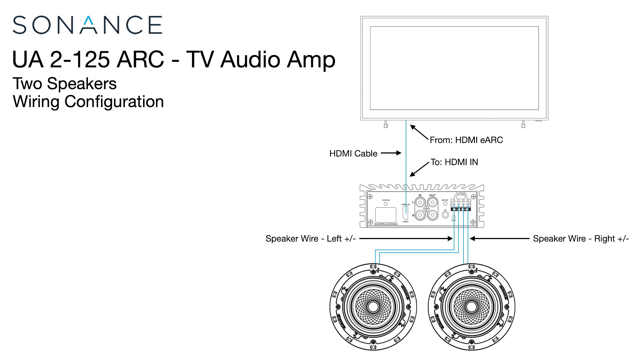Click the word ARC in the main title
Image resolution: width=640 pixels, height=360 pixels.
(x=140, y=60)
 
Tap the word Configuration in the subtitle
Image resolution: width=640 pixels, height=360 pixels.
(x=114, y=102)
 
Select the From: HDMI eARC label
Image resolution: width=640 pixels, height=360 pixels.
(x=466, y=140)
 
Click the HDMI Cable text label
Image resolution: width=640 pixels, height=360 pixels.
(x=353, y=153)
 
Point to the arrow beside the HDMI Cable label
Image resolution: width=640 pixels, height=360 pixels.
(x=391, y=153)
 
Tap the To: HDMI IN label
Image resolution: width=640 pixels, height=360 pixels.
(x=454, y=162)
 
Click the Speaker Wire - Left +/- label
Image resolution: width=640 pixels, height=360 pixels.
(x=310, y=239)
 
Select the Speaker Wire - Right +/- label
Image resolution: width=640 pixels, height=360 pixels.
(x=581, y=239)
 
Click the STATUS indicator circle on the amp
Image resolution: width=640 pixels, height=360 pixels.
(x=386, y=204)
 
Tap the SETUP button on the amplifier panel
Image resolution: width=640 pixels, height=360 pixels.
(x=445, y=204)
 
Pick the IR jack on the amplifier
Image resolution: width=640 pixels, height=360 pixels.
(x=445, y=215)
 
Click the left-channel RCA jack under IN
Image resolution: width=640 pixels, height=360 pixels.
(x=420, y=203)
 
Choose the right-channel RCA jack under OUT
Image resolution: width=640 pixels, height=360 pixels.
(x=432, y=215)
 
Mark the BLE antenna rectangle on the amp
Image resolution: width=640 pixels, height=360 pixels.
(x=386, y=215)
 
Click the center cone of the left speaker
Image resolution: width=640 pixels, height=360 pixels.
(x=373, y=307)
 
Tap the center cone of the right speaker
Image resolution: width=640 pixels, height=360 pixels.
(x=471, y=307)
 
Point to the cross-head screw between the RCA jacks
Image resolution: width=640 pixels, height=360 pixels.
(x=426, y=209)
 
